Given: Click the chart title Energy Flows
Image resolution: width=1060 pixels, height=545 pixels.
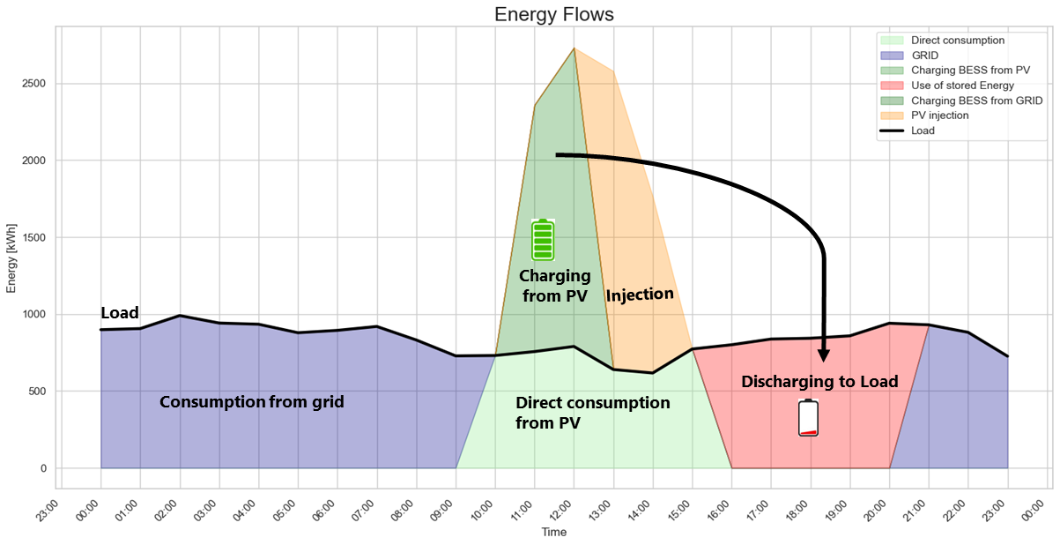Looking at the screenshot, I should pos(553,14).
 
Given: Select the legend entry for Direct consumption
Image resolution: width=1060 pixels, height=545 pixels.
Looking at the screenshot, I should pos(957,41).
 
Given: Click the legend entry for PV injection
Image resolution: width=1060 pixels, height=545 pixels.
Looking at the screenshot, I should pos(939,116).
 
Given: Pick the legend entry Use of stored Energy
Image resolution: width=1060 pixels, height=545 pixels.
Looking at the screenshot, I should pos(962,86).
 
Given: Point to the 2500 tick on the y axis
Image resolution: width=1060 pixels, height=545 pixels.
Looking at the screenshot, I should pos(34,84).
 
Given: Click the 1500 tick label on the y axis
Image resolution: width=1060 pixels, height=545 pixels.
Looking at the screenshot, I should pos(34,238).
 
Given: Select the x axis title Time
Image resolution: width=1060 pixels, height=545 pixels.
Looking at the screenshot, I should pos(554,533).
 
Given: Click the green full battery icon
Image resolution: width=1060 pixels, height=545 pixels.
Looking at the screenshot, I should pos(542,239).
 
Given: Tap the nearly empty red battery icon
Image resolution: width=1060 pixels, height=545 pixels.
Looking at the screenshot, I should pos(808,418).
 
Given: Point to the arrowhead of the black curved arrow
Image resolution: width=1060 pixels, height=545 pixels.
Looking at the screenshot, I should pos(824,356).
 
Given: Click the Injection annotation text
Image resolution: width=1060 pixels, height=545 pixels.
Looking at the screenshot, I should pos(640,295).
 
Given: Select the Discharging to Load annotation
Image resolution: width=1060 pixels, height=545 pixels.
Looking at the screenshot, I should pos(819,382).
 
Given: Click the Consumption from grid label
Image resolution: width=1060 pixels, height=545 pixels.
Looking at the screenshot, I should pos(251,402).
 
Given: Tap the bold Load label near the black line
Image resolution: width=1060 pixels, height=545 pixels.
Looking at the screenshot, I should pos(120,313).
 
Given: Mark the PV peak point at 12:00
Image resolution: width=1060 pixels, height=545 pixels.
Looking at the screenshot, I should pos(574,49).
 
